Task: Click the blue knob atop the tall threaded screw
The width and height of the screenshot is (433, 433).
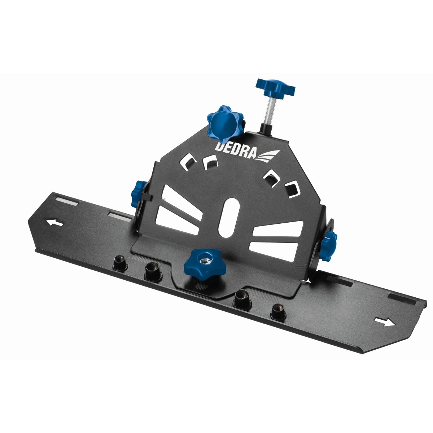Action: tap(275, 87)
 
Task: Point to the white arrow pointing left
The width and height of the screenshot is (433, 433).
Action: tap(54, 223)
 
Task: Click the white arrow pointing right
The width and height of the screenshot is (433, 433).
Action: tap(385, 322)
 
